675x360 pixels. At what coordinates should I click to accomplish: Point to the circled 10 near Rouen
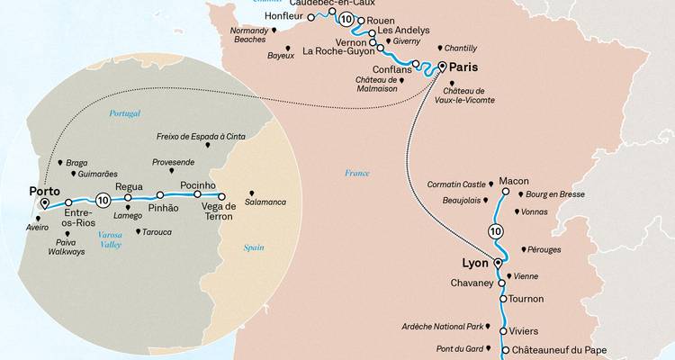[346, 18]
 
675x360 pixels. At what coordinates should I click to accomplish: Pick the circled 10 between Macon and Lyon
[495, 232]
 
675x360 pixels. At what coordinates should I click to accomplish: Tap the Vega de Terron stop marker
[221, 194]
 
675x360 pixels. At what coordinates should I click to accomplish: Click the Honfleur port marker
[311, 16]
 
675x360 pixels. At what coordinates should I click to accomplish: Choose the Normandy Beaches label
[247, 37]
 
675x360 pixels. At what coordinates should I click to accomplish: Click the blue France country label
[357, 173]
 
